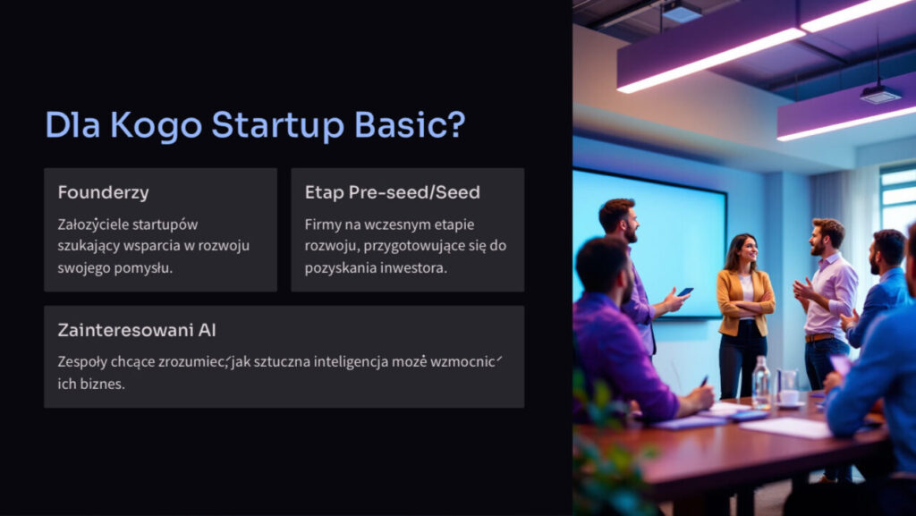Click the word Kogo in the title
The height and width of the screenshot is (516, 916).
(x=156, y=125)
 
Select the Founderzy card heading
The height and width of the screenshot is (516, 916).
(x=104, y=192)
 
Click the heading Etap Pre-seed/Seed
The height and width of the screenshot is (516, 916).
(x=392, y=192)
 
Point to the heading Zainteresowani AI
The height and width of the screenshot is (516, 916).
(x=137, y=330)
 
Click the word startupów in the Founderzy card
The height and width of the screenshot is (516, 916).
(x=162, y=225)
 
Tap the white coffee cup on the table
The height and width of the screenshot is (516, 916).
(x=789, y=396)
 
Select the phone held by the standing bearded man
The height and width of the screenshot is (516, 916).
(x=684, y=292)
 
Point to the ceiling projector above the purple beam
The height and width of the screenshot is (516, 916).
(x=879, y=93)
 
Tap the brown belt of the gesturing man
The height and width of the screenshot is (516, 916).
(x=819, y=337)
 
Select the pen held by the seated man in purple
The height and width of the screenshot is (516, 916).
(x=704, y=381)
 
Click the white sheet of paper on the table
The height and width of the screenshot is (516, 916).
(x=786, y=427)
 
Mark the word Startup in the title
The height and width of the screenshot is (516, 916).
(x=277, y=125)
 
